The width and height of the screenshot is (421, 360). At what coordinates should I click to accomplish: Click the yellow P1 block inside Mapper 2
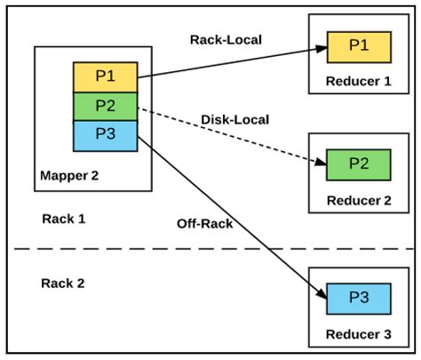105,76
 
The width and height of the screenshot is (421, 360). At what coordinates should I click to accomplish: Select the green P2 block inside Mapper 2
105,107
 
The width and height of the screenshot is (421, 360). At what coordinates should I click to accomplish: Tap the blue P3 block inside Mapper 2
105,136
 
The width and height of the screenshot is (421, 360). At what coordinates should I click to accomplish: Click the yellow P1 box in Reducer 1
358,46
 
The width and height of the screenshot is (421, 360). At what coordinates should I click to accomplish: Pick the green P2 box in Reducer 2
358,164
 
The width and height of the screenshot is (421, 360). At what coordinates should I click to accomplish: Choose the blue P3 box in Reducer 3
358,298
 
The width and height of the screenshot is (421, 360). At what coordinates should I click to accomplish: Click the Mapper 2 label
69,175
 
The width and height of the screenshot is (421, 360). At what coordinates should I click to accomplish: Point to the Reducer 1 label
358,81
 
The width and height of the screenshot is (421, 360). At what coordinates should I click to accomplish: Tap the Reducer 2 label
358,200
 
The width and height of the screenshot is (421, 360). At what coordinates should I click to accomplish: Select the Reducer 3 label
358,333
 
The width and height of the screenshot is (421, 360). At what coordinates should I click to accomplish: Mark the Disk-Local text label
235,119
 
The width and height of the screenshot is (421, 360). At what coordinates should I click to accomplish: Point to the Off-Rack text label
204,223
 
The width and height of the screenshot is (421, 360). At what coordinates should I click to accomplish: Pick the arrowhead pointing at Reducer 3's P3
322,296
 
